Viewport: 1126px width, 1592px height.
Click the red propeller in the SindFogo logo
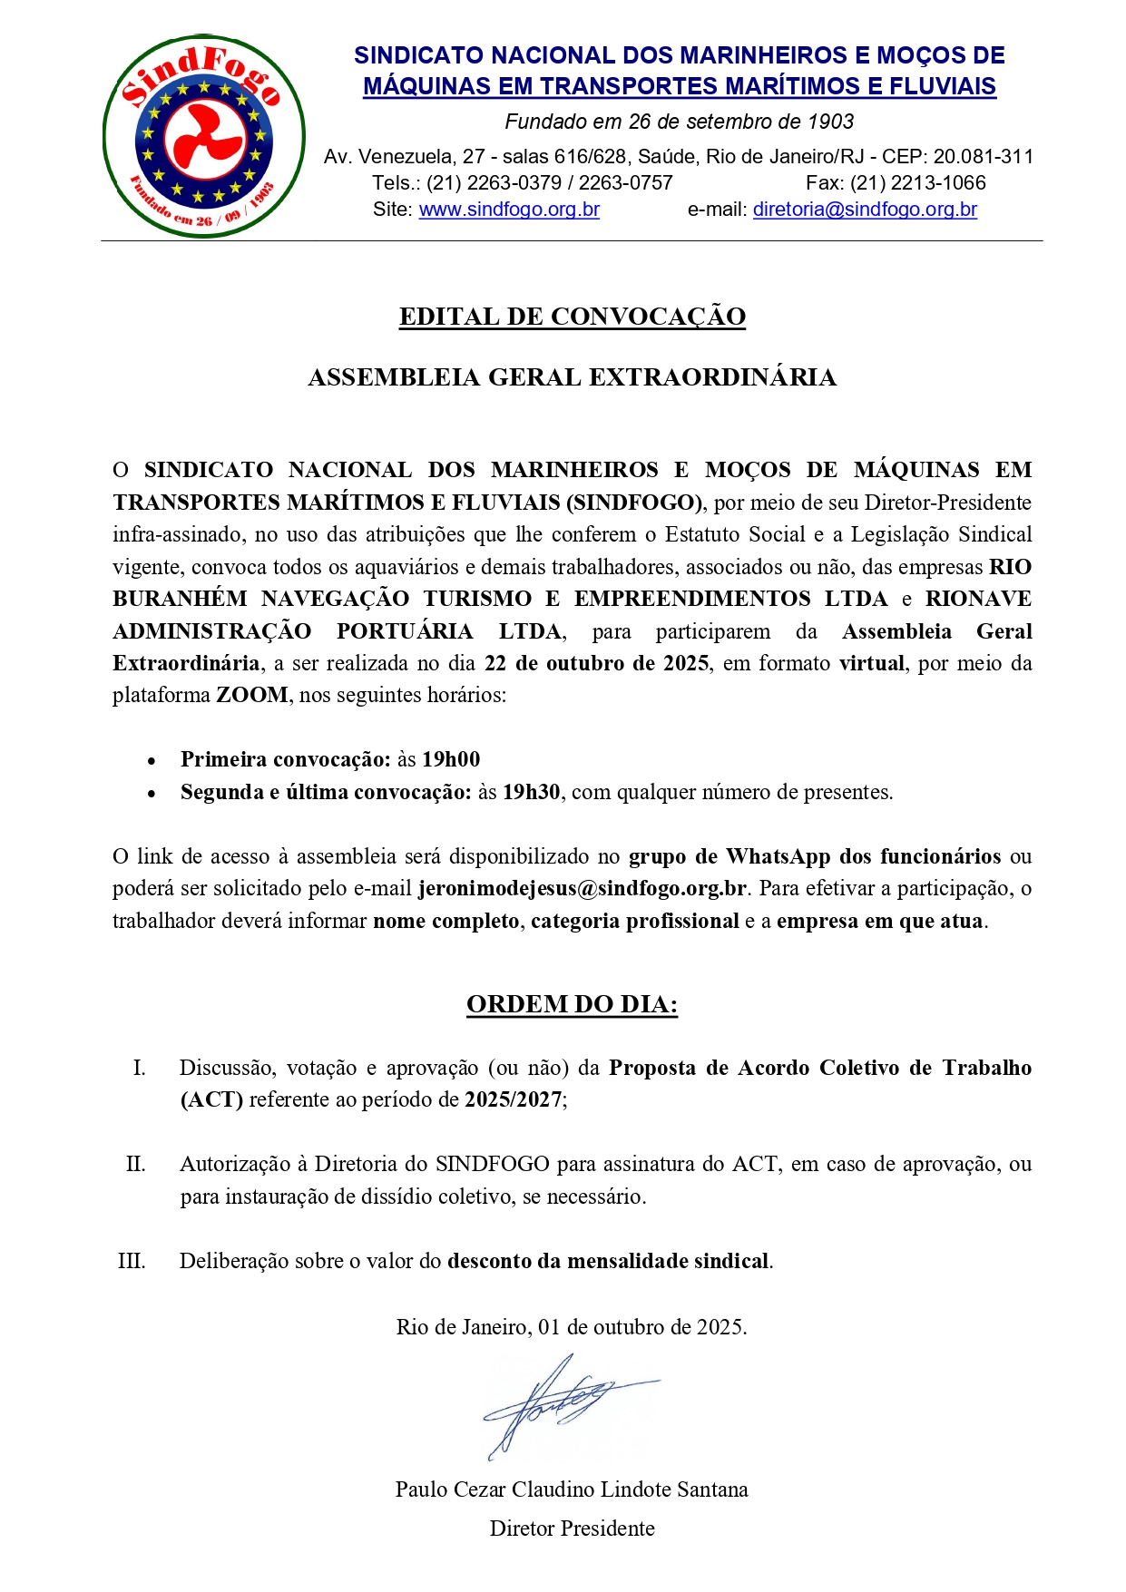(x=203, y=139)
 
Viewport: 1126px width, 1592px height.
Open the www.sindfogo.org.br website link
(x=509, y=210)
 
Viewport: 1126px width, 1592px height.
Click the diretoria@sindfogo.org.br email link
(x=865, y=210)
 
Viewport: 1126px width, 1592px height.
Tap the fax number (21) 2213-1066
(x=917, y=183)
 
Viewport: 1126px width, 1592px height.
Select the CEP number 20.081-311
(x=984, y=157)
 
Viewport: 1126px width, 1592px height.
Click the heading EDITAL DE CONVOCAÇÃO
(x=572, y=317)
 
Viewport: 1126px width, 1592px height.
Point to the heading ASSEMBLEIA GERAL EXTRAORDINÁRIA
(x=572, y=377)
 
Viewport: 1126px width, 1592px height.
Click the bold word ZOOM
(x=251, y=696)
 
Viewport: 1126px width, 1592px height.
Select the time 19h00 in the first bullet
(x=451, y=760)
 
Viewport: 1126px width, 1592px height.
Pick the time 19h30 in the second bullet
(x=531, y=793)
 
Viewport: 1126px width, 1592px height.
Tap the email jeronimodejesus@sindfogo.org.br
(x=583, y=889)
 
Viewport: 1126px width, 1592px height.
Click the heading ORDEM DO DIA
(x=572, y=1004)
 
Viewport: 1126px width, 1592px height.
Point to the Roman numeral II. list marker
(x=136, y=1165)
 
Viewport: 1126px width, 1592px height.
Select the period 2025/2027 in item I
(x=514, y=1100)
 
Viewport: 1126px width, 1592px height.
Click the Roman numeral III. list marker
(x=132, y=1262)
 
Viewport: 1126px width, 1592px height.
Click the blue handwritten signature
(x=563, y=1402)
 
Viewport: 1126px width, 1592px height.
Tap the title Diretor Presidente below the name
(x=572, y=1529)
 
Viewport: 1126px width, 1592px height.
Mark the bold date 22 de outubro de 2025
(x=596, y=663)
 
